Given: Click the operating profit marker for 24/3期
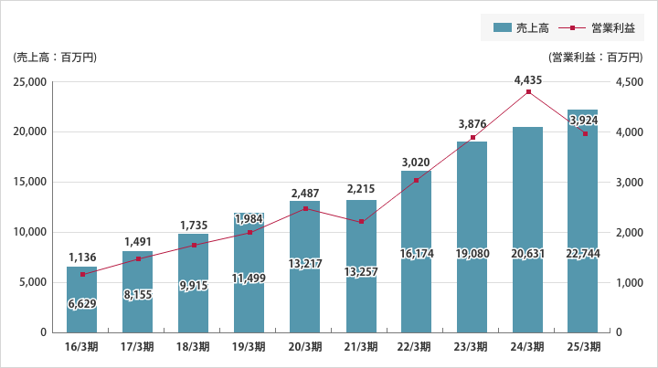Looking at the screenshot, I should pyautogui.click(x=528, y=92).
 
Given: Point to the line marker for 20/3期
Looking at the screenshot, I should pyautogui.click(x=305, y=209).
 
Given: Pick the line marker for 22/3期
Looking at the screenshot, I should pyautogui.click(x=417, y=181).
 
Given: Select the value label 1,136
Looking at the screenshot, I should pyautogui.click(x=82, y=258).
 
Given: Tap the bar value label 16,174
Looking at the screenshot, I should pyautogui.click(x=417, y=253).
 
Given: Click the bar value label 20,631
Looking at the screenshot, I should pyautogui.click(x=528, y=253).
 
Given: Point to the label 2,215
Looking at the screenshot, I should pyautogui.click(x=361, y=191).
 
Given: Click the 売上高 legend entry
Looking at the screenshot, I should pyautogui.click(x=520, y=28).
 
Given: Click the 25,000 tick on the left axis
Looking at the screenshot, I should pyautogui.click(x=31, y=82).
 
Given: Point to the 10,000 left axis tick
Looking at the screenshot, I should pyautogui.click(x=31, y=232).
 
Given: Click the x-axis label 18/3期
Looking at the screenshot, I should pyautogui.click(x=194, y=347).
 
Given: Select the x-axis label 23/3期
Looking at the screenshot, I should pyautogui.click(x=472, y=347).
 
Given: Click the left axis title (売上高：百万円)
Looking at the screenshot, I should pyautogui.click(x=56, y=58).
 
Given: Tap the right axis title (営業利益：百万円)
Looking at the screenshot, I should pyautogui.click(x=595, y=58).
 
